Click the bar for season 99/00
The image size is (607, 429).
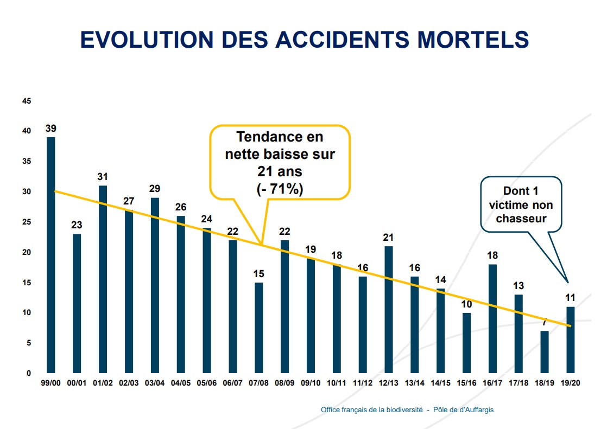point(51,255)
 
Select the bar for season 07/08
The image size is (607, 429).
point(259,328)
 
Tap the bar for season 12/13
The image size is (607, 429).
point(389,309)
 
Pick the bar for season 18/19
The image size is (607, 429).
point(545,352)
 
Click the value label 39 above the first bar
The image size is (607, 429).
point(51,129)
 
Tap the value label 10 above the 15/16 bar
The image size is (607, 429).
point(466,304)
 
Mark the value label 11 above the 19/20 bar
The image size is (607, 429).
point(570,298)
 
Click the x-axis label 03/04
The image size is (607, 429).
point(155,383)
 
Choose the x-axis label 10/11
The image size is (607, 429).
point(337,383)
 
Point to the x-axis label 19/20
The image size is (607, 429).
point(571,383)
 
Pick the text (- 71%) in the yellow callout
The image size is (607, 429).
point(280,189)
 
